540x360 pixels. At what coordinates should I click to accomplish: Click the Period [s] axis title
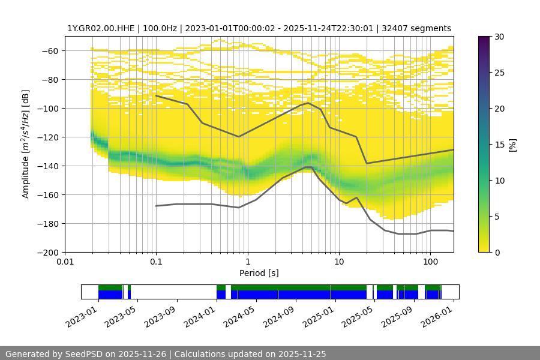pos(259,274)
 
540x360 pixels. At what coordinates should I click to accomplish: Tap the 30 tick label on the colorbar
pos(499,37)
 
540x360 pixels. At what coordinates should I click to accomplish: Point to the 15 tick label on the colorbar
pos(499,145)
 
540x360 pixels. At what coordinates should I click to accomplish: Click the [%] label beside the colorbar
pos(512,145)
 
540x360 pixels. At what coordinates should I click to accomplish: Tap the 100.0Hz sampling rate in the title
pos(163,28)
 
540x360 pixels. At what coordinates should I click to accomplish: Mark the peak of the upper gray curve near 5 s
pos(308,103)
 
